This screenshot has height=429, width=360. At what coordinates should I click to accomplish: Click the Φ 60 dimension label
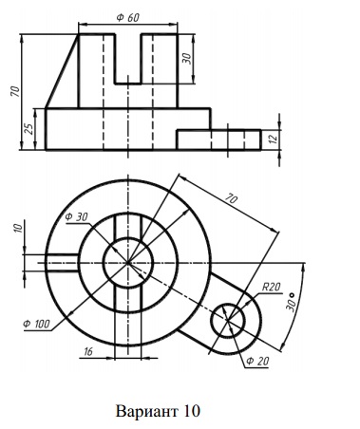coord(127,18)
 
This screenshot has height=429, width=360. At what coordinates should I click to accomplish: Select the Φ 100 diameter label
coord(36,324)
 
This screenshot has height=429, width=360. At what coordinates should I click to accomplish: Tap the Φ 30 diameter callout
coord(76,217)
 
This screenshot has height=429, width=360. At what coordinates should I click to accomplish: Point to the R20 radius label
coord(272,287)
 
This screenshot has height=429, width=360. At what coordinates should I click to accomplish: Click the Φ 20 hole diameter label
coord(257,361)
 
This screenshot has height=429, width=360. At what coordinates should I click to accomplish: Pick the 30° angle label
coord(291,304)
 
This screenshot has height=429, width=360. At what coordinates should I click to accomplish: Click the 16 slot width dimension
coord(88,351)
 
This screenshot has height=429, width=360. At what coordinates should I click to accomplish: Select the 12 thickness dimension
coord(275,139)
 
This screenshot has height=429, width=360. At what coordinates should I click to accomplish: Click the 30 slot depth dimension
coord(187,59)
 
